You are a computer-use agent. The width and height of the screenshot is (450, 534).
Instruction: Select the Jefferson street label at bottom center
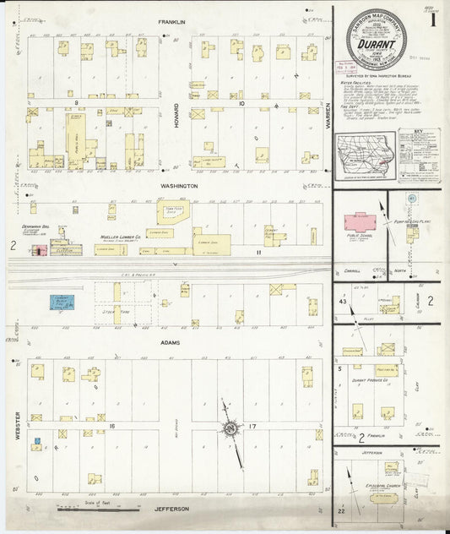point(171,509)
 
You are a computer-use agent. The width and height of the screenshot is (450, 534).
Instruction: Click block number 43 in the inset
point(343,302)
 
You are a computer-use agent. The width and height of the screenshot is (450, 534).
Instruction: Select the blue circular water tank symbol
point(411,199)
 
